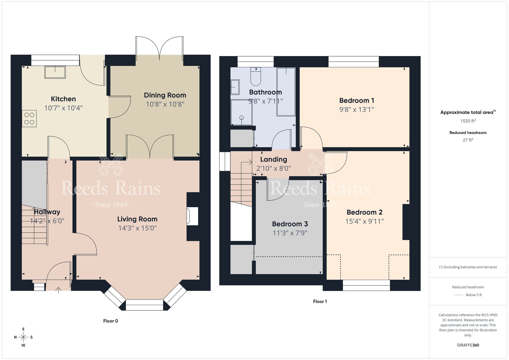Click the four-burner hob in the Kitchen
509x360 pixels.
[29, 119]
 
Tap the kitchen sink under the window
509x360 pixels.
[55, 72]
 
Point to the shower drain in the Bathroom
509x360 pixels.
[242, 118]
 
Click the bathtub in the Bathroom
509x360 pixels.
[286, 92]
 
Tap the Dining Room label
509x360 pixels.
[165, 95]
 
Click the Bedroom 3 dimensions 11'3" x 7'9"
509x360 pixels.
[290, 233]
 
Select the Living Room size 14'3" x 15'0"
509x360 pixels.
[137, 228]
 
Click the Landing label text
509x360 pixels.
[274, 159]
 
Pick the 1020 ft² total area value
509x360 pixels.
[468, 121]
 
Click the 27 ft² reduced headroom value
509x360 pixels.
[468, 140]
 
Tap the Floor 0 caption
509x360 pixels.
[110, 321]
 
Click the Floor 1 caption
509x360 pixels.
[320, 301]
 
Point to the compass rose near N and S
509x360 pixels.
[23, 337]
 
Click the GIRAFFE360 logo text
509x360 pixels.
[468, 345]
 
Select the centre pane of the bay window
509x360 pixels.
[144, 305]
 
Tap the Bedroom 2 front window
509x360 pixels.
[366, 285]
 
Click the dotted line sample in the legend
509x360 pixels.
[459, 295]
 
